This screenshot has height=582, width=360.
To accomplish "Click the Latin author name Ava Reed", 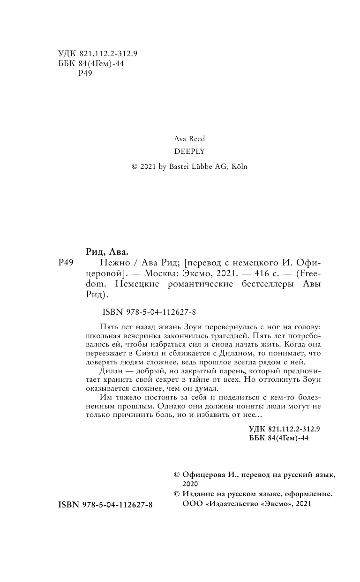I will click(x=189, y=139).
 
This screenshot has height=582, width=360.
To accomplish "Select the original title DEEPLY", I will click(x=189, y=152).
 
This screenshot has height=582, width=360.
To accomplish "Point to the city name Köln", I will click(x=238, y=166).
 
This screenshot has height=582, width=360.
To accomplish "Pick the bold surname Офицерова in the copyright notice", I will click(x=205, y=475).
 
